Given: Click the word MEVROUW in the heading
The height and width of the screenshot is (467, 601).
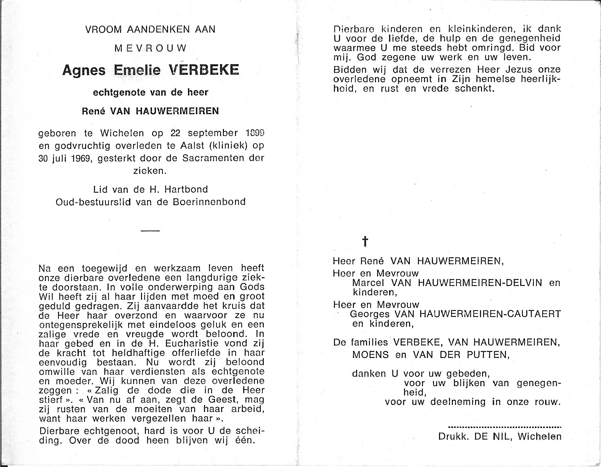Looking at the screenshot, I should click(x=150, y=48).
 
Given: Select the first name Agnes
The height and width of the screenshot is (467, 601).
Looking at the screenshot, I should click(x=84, y=70).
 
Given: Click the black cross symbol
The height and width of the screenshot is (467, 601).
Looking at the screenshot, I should click(x=365, y=242).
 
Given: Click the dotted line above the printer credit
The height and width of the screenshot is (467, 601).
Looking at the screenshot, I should click(x=504, y=426).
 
